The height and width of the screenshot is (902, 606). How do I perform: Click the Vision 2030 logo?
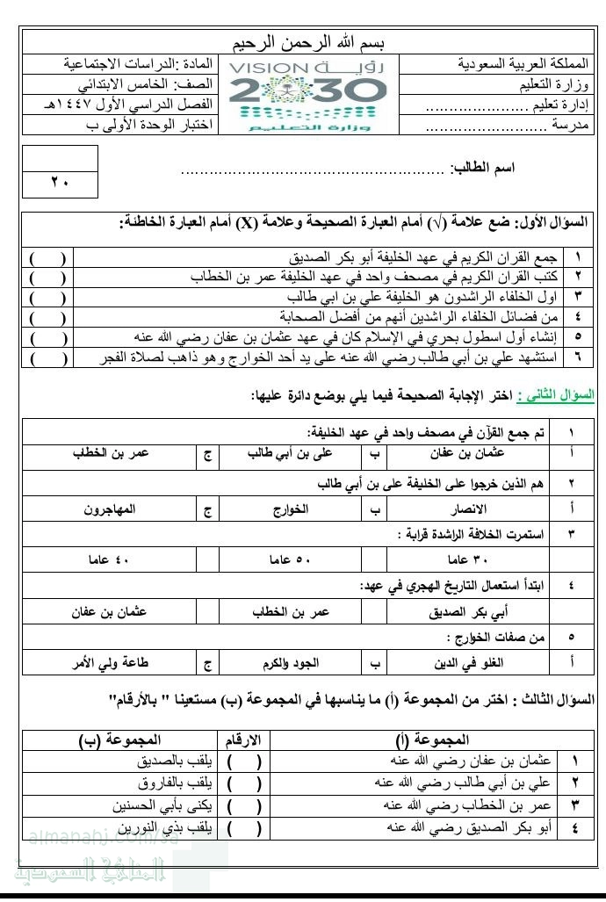[x=307, y=94]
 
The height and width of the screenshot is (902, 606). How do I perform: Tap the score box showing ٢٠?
[x=59, y=183]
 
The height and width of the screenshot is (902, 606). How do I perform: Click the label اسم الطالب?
[x=482, y=167]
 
